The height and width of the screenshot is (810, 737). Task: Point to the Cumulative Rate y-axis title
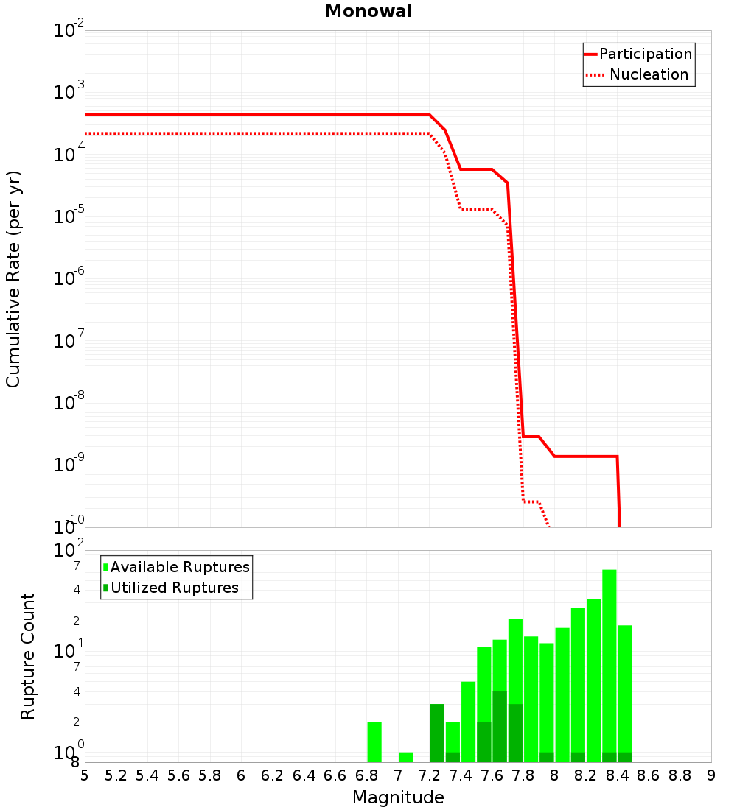click(x=13, y=279)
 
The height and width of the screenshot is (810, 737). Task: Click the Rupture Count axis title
click(x=28, y=656)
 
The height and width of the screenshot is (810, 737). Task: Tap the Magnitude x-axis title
click(x=398, y=797)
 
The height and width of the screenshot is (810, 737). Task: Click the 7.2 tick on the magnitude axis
click(x=429, y=775)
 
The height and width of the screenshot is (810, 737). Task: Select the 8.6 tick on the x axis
click(x=649, y=775)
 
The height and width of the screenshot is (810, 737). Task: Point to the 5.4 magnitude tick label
click(x=147, y=775)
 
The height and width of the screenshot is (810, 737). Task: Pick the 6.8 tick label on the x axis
click(x=366, y=775)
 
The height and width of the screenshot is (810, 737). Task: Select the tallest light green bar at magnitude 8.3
click(x=609, y=663)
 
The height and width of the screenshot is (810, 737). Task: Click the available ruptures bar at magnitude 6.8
click(x=374, y=742)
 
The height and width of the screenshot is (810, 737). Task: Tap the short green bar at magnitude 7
click(x=405, y=757)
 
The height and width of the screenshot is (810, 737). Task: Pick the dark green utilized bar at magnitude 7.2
click(x=437, y=733)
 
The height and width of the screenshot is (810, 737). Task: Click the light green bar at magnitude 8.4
click(x=625, y=685)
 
